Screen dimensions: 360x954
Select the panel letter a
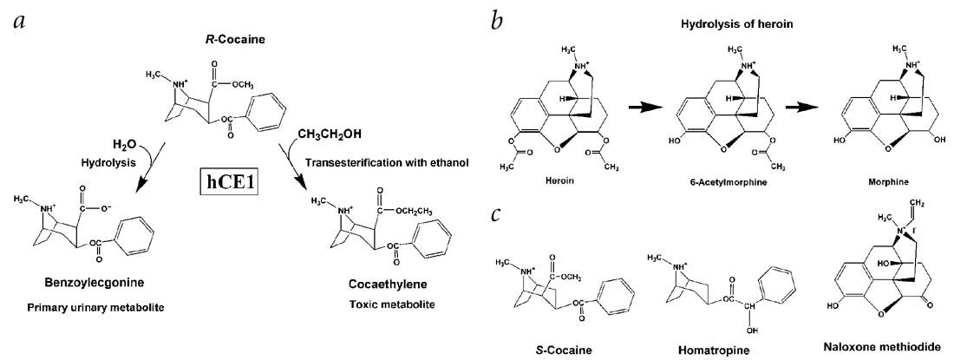click(18, 21)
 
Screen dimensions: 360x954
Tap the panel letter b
click(497, 20)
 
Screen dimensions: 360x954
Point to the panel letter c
click(496, 213)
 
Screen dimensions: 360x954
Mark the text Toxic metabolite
click(387, 304)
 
